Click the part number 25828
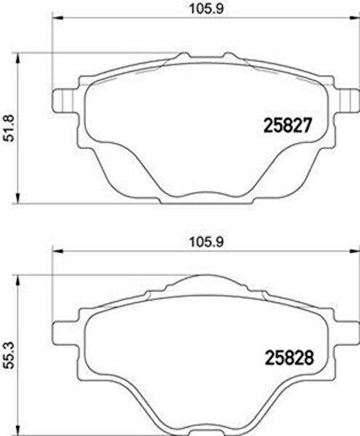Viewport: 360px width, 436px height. (x=289, y=358)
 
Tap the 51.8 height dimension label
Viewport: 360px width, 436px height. (x=10, y=129)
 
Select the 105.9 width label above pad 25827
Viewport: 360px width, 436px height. (x=206, y=9)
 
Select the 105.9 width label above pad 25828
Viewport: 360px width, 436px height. (x=206, y=242)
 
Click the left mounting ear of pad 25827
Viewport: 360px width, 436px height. (x=64, y=100)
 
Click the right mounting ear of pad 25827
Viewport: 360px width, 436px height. (x=347, y=101)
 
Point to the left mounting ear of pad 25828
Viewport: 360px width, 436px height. (x=64, y=333)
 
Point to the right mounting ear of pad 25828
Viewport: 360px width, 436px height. (x=347, y=333)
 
